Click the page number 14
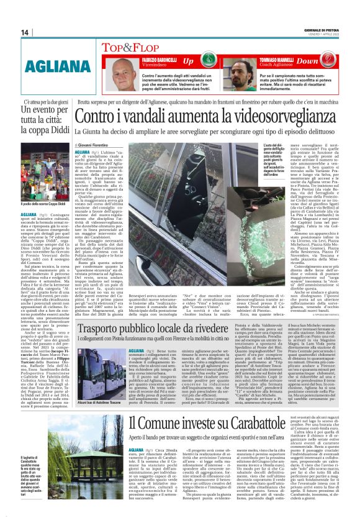(x=24, y=32)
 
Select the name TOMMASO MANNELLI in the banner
(x=274, y=59)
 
